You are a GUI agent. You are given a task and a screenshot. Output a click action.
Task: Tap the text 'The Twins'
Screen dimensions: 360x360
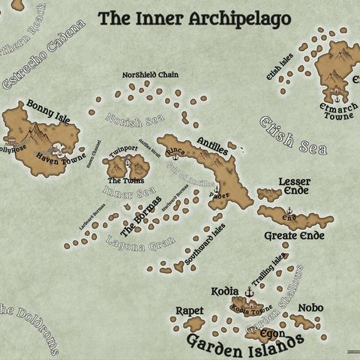(x=123, y=181)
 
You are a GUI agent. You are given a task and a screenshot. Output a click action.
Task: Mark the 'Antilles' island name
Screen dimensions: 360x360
(x=212, y=145)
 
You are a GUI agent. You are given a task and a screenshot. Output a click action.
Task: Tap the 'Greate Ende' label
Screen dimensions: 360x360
(x=294, y=235)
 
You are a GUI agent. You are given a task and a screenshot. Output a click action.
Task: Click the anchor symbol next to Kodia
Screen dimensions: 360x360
(x=250, y=291)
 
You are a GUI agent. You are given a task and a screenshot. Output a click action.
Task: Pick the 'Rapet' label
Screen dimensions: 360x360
(x=189, y=310)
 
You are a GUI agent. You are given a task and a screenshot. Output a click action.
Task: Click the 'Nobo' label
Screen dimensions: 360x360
(x=310, y=307)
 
